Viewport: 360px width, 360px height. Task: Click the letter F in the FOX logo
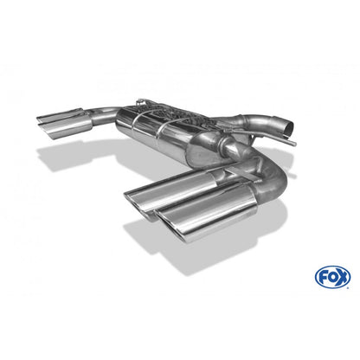click(323, 278)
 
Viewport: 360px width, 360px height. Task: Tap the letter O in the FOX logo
click(332, 277)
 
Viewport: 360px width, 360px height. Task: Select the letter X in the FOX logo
click(343, 277)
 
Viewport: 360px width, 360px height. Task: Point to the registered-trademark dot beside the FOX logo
click(348, 287)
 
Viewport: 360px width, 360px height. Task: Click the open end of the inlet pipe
click(288, 128)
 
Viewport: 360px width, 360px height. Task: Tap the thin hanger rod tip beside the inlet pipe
click(293, 144)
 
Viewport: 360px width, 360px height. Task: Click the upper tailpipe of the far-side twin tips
click(60, 114)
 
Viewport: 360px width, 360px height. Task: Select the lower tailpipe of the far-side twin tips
click(65, 127)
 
